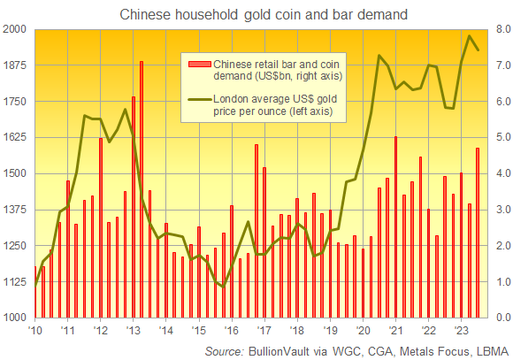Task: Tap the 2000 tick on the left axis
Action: tap(15, 29)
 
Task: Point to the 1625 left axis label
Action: tap(15, 137)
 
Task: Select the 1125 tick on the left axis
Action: tap(15, 281)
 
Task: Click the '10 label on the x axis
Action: tap(35, 330)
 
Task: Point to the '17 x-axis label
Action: tap(263, 330)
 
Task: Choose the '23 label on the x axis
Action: tap(460, 330)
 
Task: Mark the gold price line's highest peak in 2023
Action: tap(469, 36)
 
